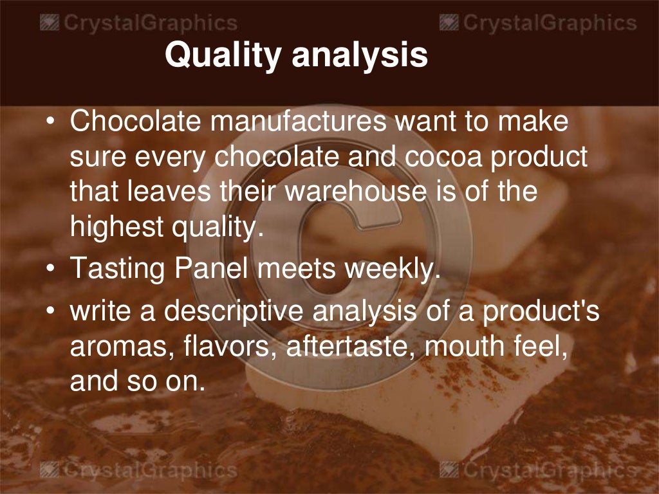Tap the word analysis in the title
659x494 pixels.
pos(360,56)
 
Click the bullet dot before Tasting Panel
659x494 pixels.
pos(52,269)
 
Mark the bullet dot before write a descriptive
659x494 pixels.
pos(52,313)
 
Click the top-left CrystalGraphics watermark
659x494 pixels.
pos(138,24)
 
